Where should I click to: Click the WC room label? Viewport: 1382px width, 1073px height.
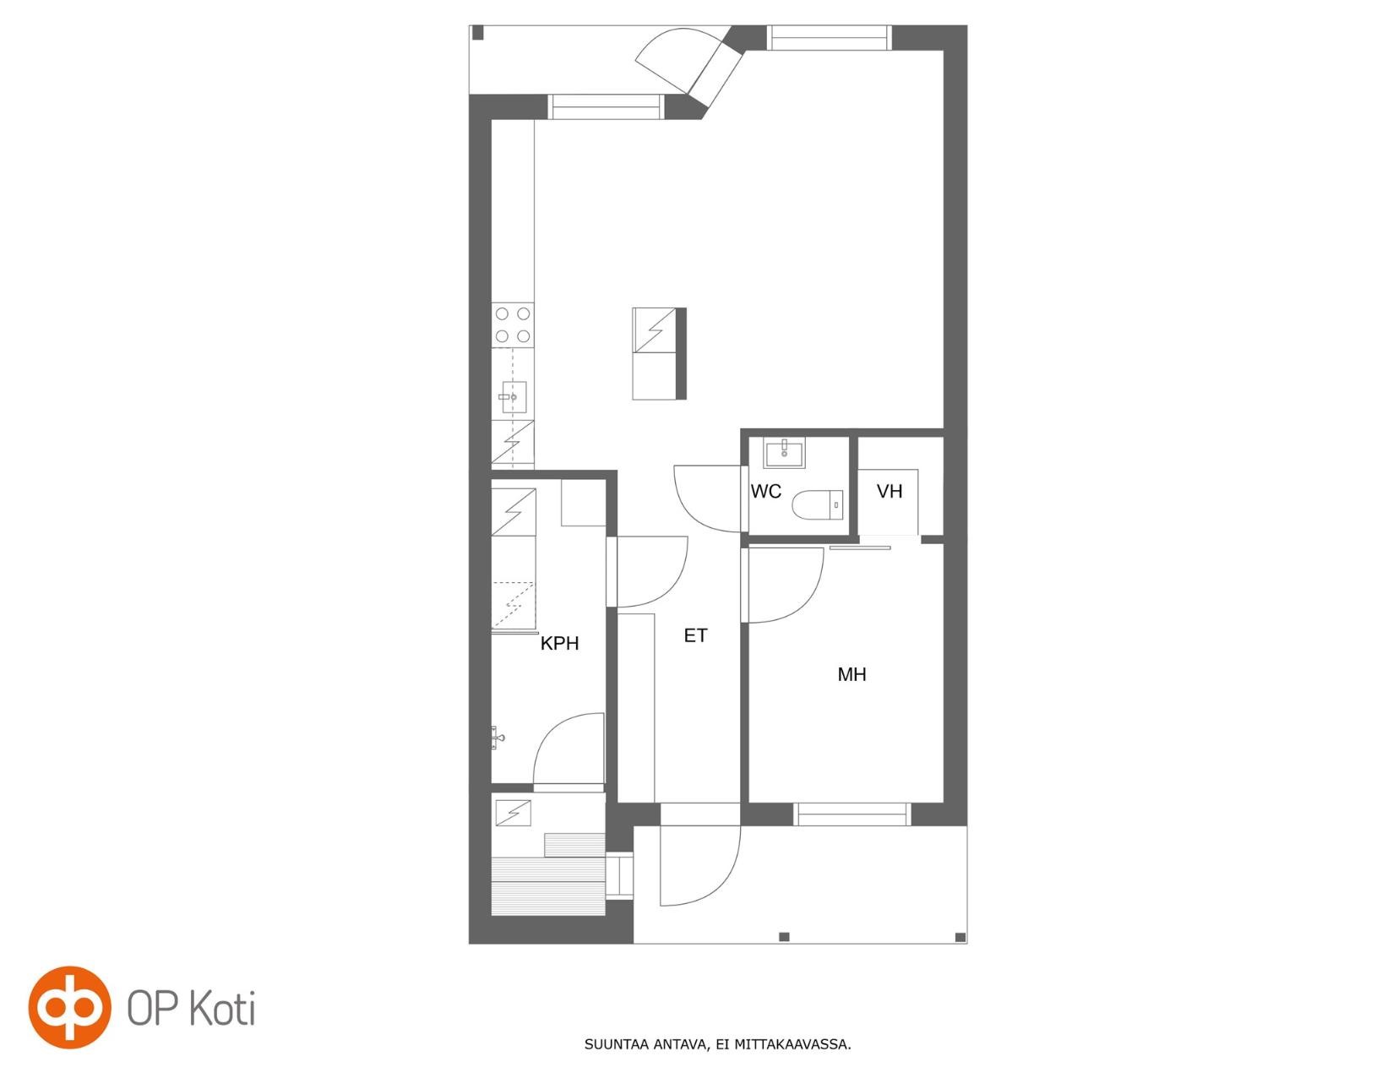(765, 492)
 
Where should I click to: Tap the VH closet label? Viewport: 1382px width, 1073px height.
(890, 492)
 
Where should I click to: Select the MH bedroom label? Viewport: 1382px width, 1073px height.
(852, 674)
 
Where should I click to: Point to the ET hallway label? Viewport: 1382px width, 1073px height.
(695, 635)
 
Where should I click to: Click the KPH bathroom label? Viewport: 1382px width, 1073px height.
(560, 644)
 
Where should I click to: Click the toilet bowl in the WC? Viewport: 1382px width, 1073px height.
(818, 504)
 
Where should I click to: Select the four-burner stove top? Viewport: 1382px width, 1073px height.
(513, 324)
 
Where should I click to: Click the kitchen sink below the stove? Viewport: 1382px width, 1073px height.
(513, 397)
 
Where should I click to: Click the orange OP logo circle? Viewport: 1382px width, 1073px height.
(70, 1007)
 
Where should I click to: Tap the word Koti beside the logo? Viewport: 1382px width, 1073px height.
(223, 1008)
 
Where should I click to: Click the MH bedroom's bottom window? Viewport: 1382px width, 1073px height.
(852, 814)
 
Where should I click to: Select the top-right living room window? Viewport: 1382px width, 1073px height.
(829, 37)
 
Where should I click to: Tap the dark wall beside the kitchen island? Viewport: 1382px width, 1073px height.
(681, 354)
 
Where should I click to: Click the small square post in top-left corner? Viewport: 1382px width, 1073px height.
(478, 32)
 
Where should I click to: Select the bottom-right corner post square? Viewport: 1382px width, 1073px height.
(960, 937)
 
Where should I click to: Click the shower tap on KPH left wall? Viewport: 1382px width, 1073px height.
(498, 738)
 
